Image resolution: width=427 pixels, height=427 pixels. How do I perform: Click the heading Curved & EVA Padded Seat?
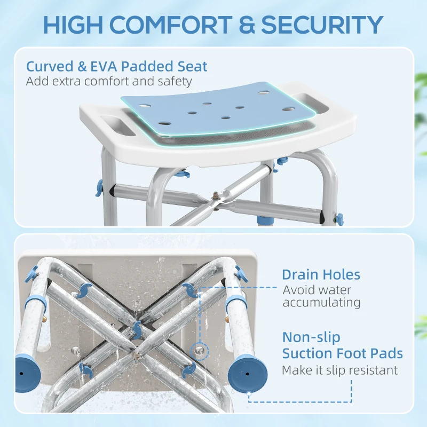tap(117, 67)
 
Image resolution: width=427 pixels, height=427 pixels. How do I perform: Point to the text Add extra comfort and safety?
tap(108, 82)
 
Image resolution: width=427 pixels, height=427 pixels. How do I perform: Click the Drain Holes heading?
tap(321, 275)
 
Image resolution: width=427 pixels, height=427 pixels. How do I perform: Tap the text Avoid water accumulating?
tap(321, 296)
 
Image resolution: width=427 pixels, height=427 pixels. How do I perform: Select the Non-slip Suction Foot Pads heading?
tap(342, 345)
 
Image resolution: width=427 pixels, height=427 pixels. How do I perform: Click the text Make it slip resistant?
tap(339, 370)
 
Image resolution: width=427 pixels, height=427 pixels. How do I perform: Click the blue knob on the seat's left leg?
tap(99, 186)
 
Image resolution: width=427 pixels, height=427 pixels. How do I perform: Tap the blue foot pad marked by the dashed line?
tap(247, 371)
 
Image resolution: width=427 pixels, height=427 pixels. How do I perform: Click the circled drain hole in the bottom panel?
tap(199, 350)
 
